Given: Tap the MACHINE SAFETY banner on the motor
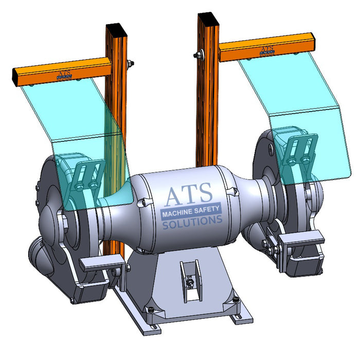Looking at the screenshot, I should (191, 212).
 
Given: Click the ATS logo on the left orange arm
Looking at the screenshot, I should (65, 75).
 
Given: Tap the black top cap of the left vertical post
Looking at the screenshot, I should (113, 26).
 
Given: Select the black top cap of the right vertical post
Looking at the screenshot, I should (207, 17).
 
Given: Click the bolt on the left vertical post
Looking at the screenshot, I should (129, 63).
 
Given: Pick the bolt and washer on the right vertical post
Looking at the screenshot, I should (197, 55).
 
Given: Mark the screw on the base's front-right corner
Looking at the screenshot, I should (235, 299).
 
